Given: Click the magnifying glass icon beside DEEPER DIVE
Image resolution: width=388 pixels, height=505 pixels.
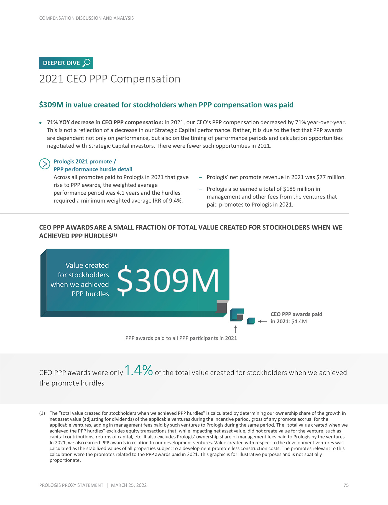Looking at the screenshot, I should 86,63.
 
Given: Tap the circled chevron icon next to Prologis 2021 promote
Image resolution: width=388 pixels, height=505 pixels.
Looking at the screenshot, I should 44,164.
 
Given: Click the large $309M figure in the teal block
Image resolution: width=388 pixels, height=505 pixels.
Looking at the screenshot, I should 168,280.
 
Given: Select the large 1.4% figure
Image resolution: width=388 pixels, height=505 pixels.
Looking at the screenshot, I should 138,370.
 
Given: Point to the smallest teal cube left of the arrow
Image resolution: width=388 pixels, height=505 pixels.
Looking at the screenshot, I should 251,321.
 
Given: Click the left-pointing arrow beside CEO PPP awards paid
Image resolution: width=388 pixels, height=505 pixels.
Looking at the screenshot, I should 262,321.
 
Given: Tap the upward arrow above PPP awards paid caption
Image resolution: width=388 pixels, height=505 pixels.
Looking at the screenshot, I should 236,329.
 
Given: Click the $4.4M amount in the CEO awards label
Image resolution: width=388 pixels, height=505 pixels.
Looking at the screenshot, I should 299,321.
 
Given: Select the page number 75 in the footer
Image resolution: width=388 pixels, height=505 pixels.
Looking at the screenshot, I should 346,485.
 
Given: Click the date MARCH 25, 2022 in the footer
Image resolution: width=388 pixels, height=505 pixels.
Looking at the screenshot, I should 129,485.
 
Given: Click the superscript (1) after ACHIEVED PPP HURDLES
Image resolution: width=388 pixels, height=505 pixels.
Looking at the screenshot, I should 114,235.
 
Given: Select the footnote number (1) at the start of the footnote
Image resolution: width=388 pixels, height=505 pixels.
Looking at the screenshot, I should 42,413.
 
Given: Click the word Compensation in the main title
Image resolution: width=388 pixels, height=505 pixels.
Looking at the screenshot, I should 145,79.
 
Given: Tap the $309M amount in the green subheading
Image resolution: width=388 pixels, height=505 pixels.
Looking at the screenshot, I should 51,105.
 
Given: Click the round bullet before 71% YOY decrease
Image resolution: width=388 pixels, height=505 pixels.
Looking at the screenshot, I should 40,122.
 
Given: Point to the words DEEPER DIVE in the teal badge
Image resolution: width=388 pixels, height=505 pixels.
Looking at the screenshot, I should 61,63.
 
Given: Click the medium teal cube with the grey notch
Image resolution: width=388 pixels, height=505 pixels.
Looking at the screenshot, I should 237,315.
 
